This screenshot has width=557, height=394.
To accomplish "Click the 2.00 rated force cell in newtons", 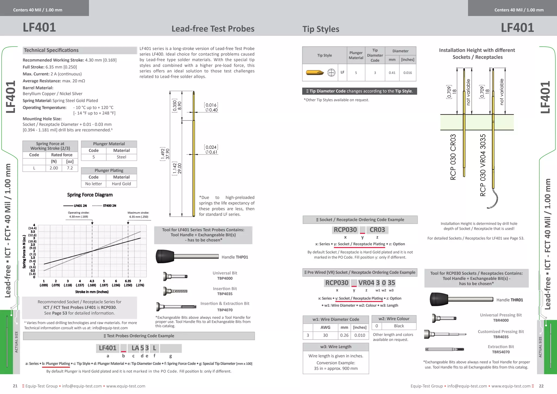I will click(x=54, y=168).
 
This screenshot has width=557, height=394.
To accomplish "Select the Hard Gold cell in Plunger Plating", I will click(x=121, y=184).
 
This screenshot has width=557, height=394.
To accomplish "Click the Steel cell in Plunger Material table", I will click(x=121, y=157).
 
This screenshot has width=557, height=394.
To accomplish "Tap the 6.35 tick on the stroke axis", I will click(x=128, y=281).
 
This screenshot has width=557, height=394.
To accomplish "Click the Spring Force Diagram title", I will click(x=90, y=195).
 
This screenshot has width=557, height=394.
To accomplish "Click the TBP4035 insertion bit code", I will click(x=225, y=294).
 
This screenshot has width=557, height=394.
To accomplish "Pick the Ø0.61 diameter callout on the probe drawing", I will click(x=211, y=152).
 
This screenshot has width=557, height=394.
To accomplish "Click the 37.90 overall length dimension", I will click(x=168, y=154).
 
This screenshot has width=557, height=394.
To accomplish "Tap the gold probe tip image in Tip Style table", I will click(x=315, y=73).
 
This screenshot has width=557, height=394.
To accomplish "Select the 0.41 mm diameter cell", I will click(x=392, y=73).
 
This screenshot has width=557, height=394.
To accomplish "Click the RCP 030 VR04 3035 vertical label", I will click(x=483, y=165).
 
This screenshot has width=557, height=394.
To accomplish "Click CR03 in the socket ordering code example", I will click(x=377, y=230).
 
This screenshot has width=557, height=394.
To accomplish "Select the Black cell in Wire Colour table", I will click(x=399, y=326).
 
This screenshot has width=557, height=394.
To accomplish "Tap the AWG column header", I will click(x=325, y=327).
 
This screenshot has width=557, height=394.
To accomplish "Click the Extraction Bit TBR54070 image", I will click(x=444, y=349).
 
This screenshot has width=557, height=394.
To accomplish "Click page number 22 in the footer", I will click(x=541, y=386).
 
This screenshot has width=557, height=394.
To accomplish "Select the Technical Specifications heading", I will click(x=51, y=50).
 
